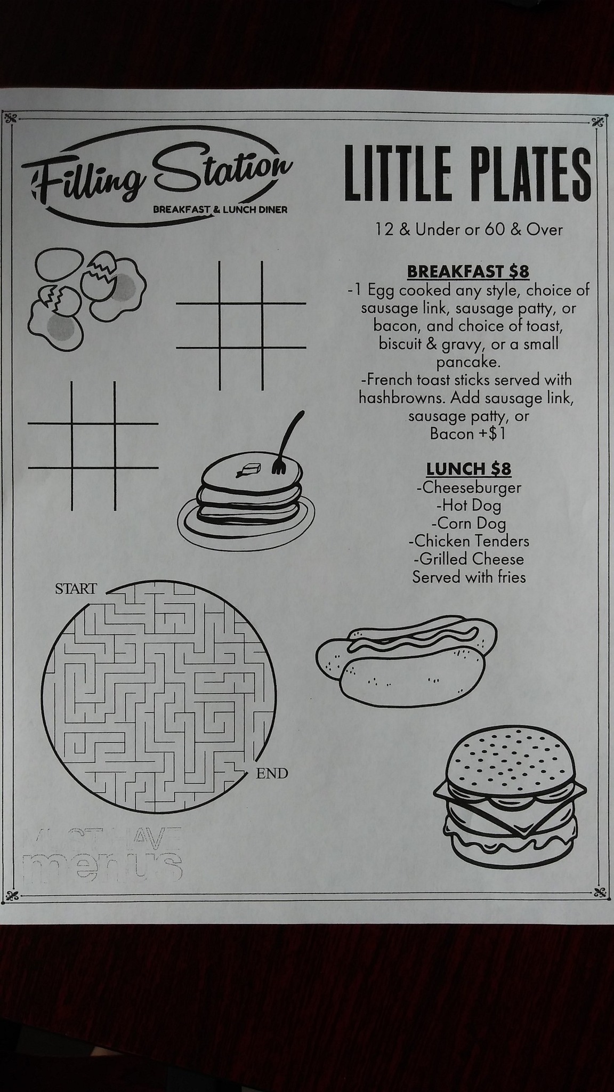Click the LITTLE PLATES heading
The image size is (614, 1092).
click(468, 173)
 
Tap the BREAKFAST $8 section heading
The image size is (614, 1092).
click(468, 271)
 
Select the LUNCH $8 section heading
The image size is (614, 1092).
click(468, 469)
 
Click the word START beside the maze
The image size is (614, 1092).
click(76, 589)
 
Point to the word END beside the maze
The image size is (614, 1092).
click(272, 773)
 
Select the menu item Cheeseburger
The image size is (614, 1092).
click(469, 487)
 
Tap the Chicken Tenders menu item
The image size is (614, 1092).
click(469, 541)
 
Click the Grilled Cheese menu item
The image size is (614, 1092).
click(468, 559)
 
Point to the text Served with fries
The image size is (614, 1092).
click(469, 577)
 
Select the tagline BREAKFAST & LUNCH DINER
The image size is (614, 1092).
click(220, 210)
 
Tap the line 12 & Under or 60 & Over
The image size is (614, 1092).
click(469, 230)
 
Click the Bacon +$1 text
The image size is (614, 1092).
click(467, 433)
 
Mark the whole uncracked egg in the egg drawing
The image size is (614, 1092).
click(59, 263)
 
